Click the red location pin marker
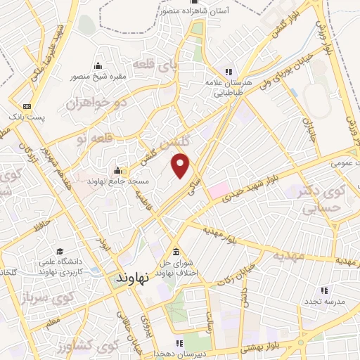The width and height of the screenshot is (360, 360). click(181, 166)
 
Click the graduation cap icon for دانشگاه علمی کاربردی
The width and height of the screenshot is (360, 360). click(60, 251)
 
